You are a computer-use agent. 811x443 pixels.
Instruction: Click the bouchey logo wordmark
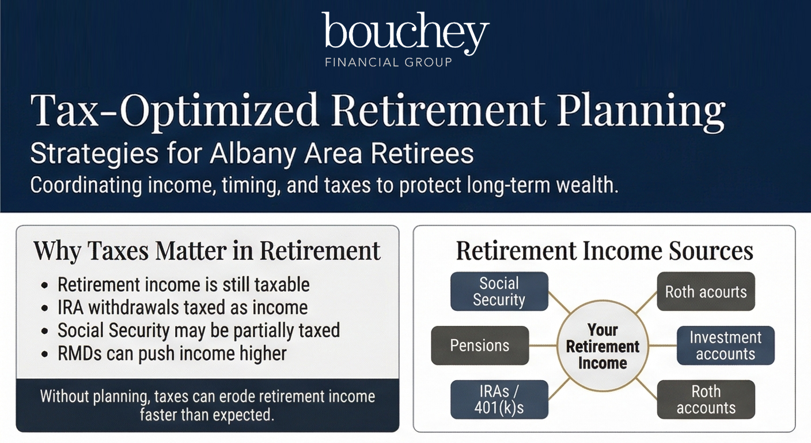point(405,33)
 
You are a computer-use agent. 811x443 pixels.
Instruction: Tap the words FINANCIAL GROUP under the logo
point(388,62)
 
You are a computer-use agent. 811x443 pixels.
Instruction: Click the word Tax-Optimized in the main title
point(175,111)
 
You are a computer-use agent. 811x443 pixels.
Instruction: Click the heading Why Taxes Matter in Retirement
point(207,251)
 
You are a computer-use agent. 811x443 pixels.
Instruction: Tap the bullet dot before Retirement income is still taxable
point(44,286)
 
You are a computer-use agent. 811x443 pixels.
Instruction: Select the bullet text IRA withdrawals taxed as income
point(183,307)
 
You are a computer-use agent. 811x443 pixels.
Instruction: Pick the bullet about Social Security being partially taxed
point(199,331)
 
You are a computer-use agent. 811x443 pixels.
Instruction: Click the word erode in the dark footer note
point(239,396)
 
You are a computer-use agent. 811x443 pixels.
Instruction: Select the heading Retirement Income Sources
point(604,251)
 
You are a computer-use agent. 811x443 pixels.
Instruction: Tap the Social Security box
point(499,291)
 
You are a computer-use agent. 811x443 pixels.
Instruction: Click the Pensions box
point(480,346)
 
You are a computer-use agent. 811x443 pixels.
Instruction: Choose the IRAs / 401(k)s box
point(499,400)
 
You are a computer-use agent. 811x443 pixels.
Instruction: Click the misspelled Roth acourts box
point(706,291)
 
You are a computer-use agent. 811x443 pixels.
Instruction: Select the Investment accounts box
point(726,346)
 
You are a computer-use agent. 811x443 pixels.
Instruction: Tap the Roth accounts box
point(706,400)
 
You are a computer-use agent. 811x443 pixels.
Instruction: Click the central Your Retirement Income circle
point(603,346)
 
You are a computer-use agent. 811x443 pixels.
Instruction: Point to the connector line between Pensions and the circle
point(543,346)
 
